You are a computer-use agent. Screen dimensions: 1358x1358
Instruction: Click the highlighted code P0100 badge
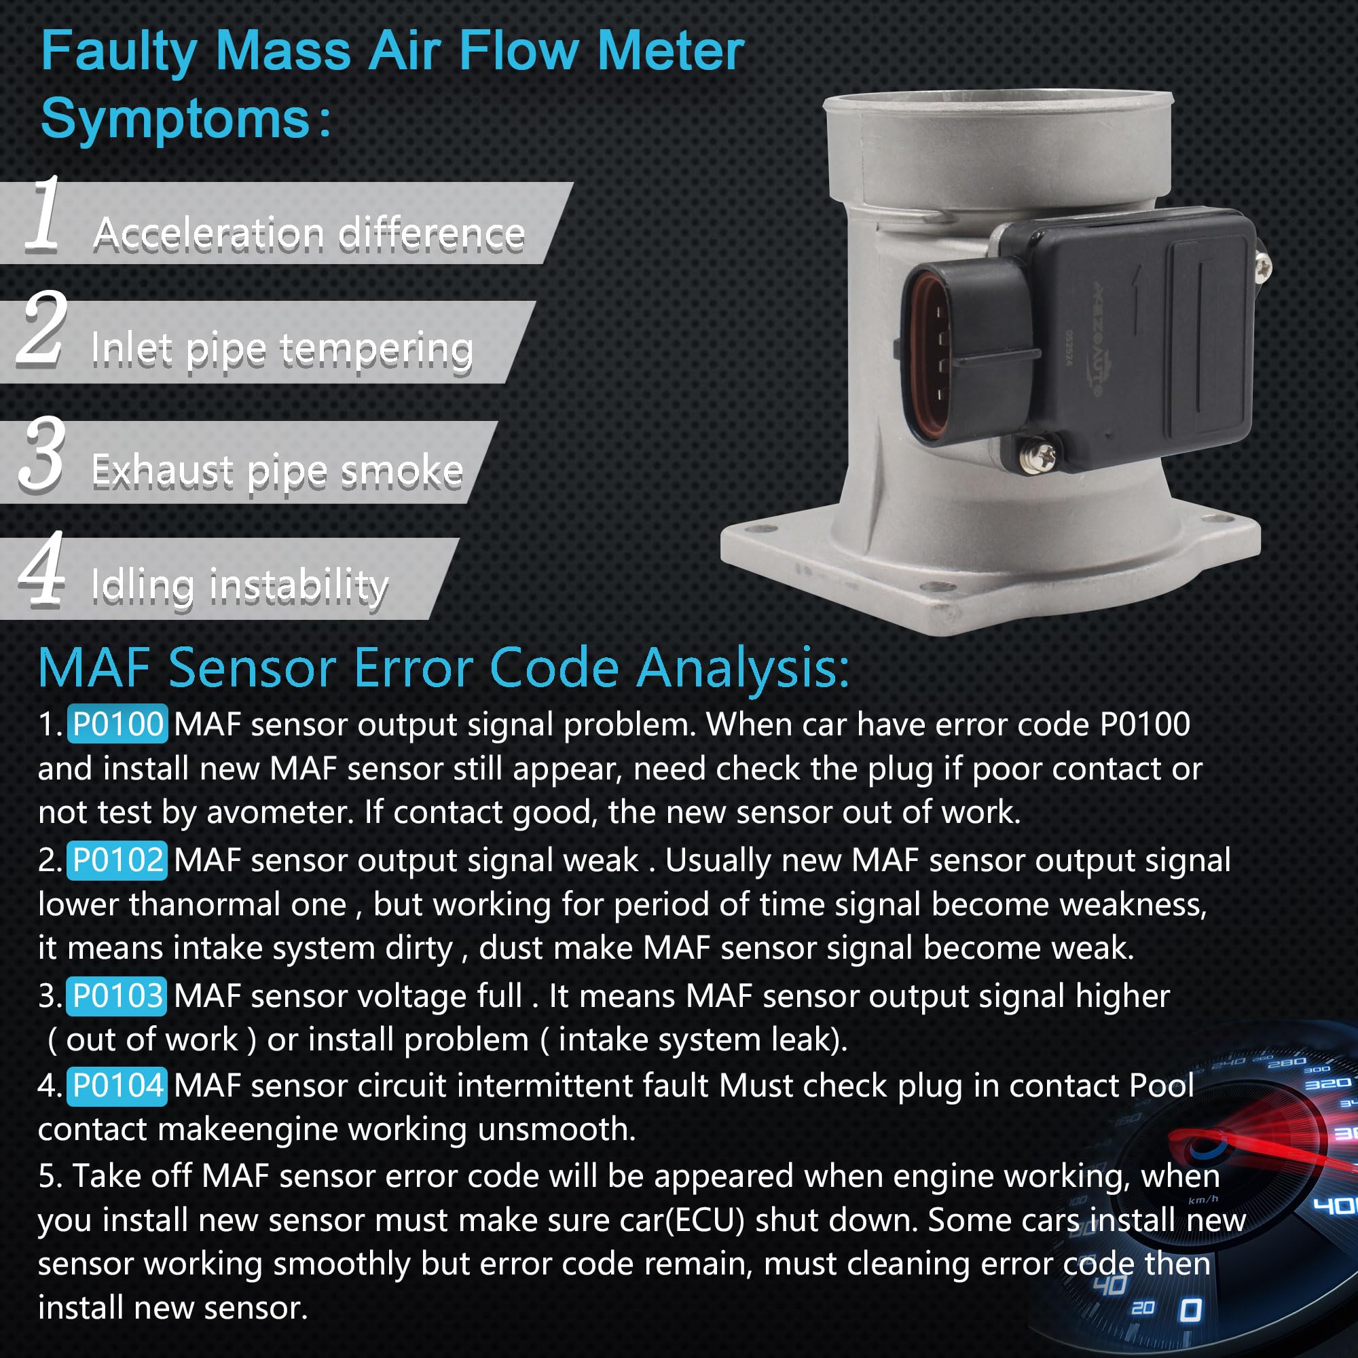(x=117, y=723)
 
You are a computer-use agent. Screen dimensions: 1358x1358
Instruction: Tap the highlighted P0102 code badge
(x=117, y=860)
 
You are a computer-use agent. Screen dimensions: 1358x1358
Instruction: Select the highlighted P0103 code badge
(x=117, y=995)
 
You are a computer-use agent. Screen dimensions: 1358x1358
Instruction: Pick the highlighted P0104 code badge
(x=117, y=1085)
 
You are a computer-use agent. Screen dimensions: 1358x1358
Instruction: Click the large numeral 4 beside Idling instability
(x=42, y=568)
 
